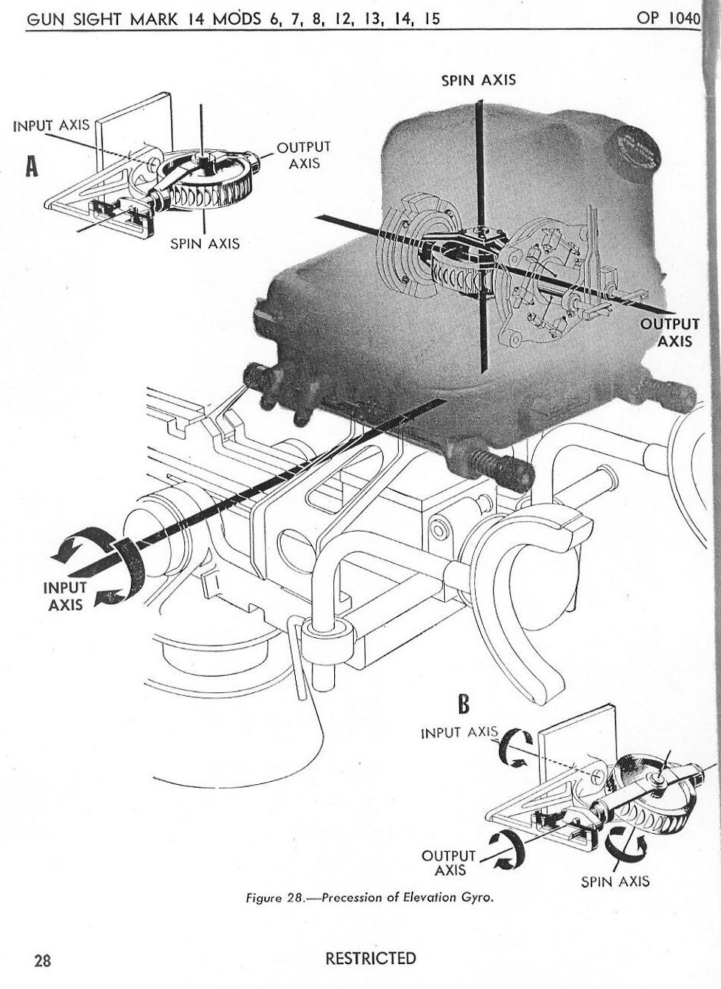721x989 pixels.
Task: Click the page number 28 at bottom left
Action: click(42, 960)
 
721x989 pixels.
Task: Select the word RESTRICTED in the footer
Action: click(370, 958)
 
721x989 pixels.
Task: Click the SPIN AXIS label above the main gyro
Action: click(478, 79)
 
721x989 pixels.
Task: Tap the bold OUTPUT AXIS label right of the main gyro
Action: click(670, 331)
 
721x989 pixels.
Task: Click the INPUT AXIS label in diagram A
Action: click(52, 125)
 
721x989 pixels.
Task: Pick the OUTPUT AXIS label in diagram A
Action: click(303, 154)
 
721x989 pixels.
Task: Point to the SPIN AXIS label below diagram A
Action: click(205, 243)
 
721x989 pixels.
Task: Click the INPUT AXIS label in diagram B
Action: click(458, 732)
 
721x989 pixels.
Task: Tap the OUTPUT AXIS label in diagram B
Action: click(450, 862)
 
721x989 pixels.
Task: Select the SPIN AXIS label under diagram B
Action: click(615, 881)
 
